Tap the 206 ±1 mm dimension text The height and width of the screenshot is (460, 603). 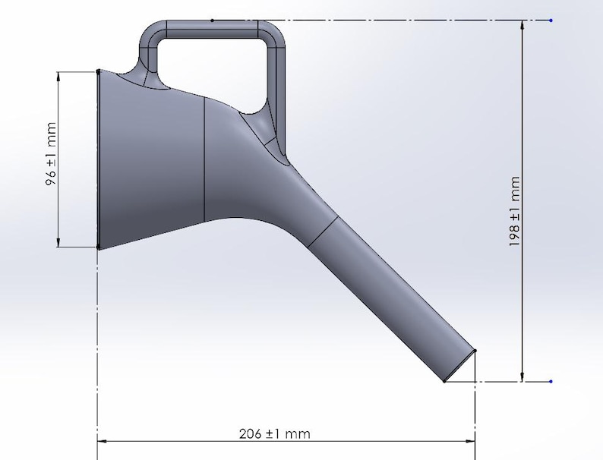(x=274, y=433)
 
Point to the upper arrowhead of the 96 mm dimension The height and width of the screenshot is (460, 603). (x=58, y=76)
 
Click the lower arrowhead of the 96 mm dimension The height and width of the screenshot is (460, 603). (x=58, y=242)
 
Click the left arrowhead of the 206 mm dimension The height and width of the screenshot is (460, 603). (x=103, y=440)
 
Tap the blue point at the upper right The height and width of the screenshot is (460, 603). (x=550, y=20)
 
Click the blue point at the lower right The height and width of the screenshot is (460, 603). (x=550, y=381)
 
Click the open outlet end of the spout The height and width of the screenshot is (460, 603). (x=460, y=366)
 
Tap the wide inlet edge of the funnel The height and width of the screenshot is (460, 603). (x=99, y=159)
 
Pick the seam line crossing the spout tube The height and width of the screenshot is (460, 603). (x=322, y=232)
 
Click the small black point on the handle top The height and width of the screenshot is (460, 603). (x=212, y=20)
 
